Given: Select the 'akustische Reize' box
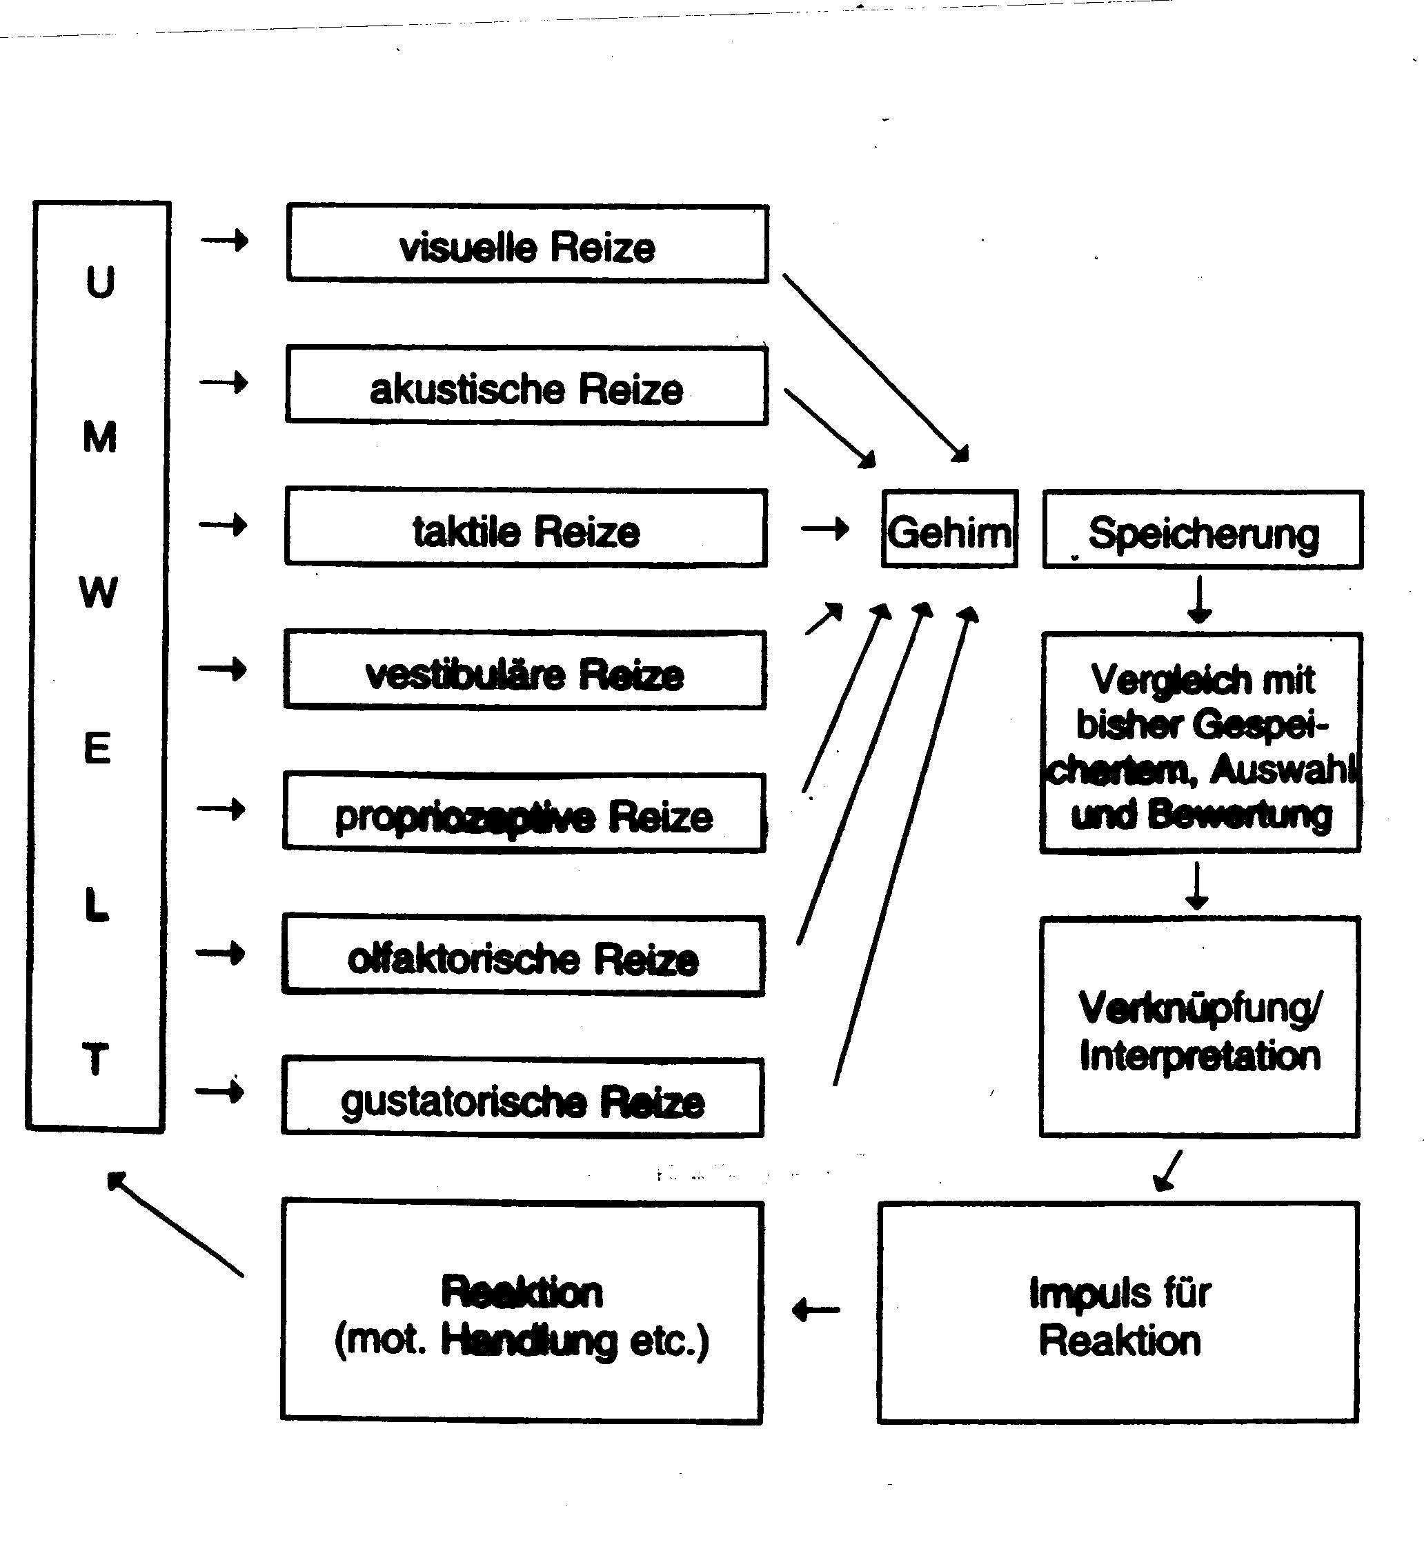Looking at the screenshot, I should tap(526, 386).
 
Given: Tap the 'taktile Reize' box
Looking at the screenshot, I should tap(526, 528).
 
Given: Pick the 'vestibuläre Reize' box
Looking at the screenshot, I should tap(525, 671).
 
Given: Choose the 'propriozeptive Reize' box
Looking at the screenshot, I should tap(524, 813).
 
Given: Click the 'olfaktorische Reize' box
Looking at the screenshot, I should tap(523, 957).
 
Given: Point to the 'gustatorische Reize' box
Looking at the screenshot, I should tap(522, 1098).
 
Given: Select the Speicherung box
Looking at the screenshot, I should tap(1203, 531).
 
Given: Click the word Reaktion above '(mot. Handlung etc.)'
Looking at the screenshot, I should tap(522, 1292).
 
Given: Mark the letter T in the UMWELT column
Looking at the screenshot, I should tap(95, 1059).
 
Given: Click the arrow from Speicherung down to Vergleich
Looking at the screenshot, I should tap(1199, 600).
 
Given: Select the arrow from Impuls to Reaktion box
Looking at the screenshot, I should tap(816, 1310).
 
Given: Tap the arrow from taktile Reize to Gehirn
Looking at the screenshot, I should tap(825, 529).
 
